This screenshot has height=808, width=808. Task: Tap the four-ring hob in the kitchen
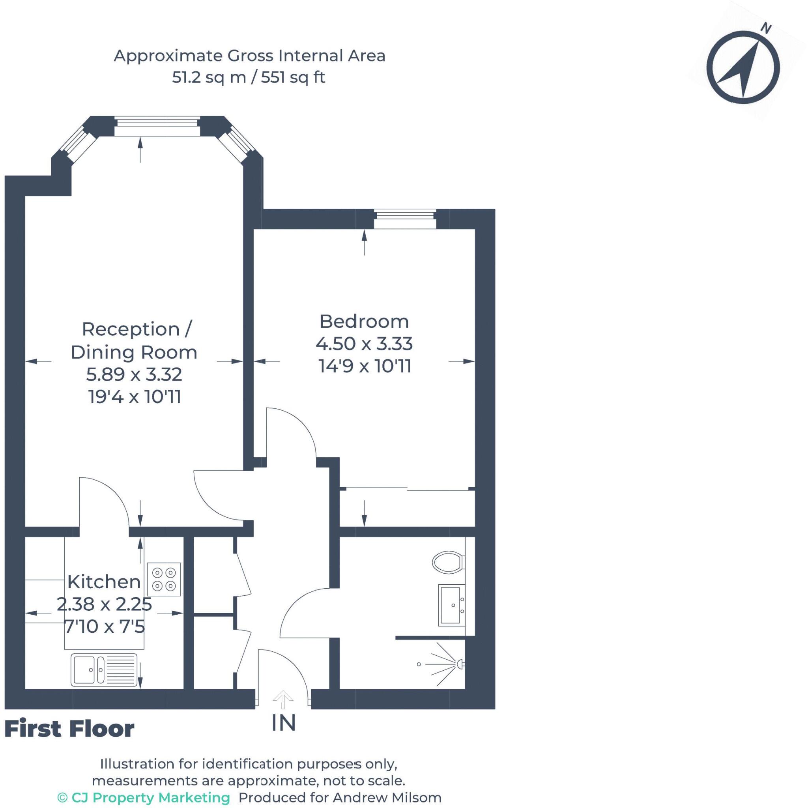coord(164,579)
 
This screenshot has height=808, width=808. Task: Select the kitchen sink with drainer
coord(104,670)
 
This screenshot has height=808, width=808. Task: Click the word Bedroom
coord(364,322)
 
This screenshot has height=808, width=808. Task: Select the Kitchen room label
coord(104,582)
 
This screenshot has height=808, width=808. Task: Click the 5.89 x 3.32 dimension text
coord(134,374)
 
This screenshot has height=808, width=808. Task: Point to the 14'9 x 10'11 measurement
coord(365,367)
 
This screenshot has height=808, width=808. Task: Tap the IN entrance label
coord(284,723)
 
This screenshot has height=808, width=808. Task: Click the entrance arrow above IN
coord(283,699)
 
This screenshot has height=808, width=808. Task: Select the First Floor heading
coord(69,729)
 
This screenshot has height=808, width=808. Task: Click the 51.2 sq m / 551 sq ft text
coord(249,77)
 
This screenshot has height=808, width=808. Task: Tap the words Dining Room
coord(134,353)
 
